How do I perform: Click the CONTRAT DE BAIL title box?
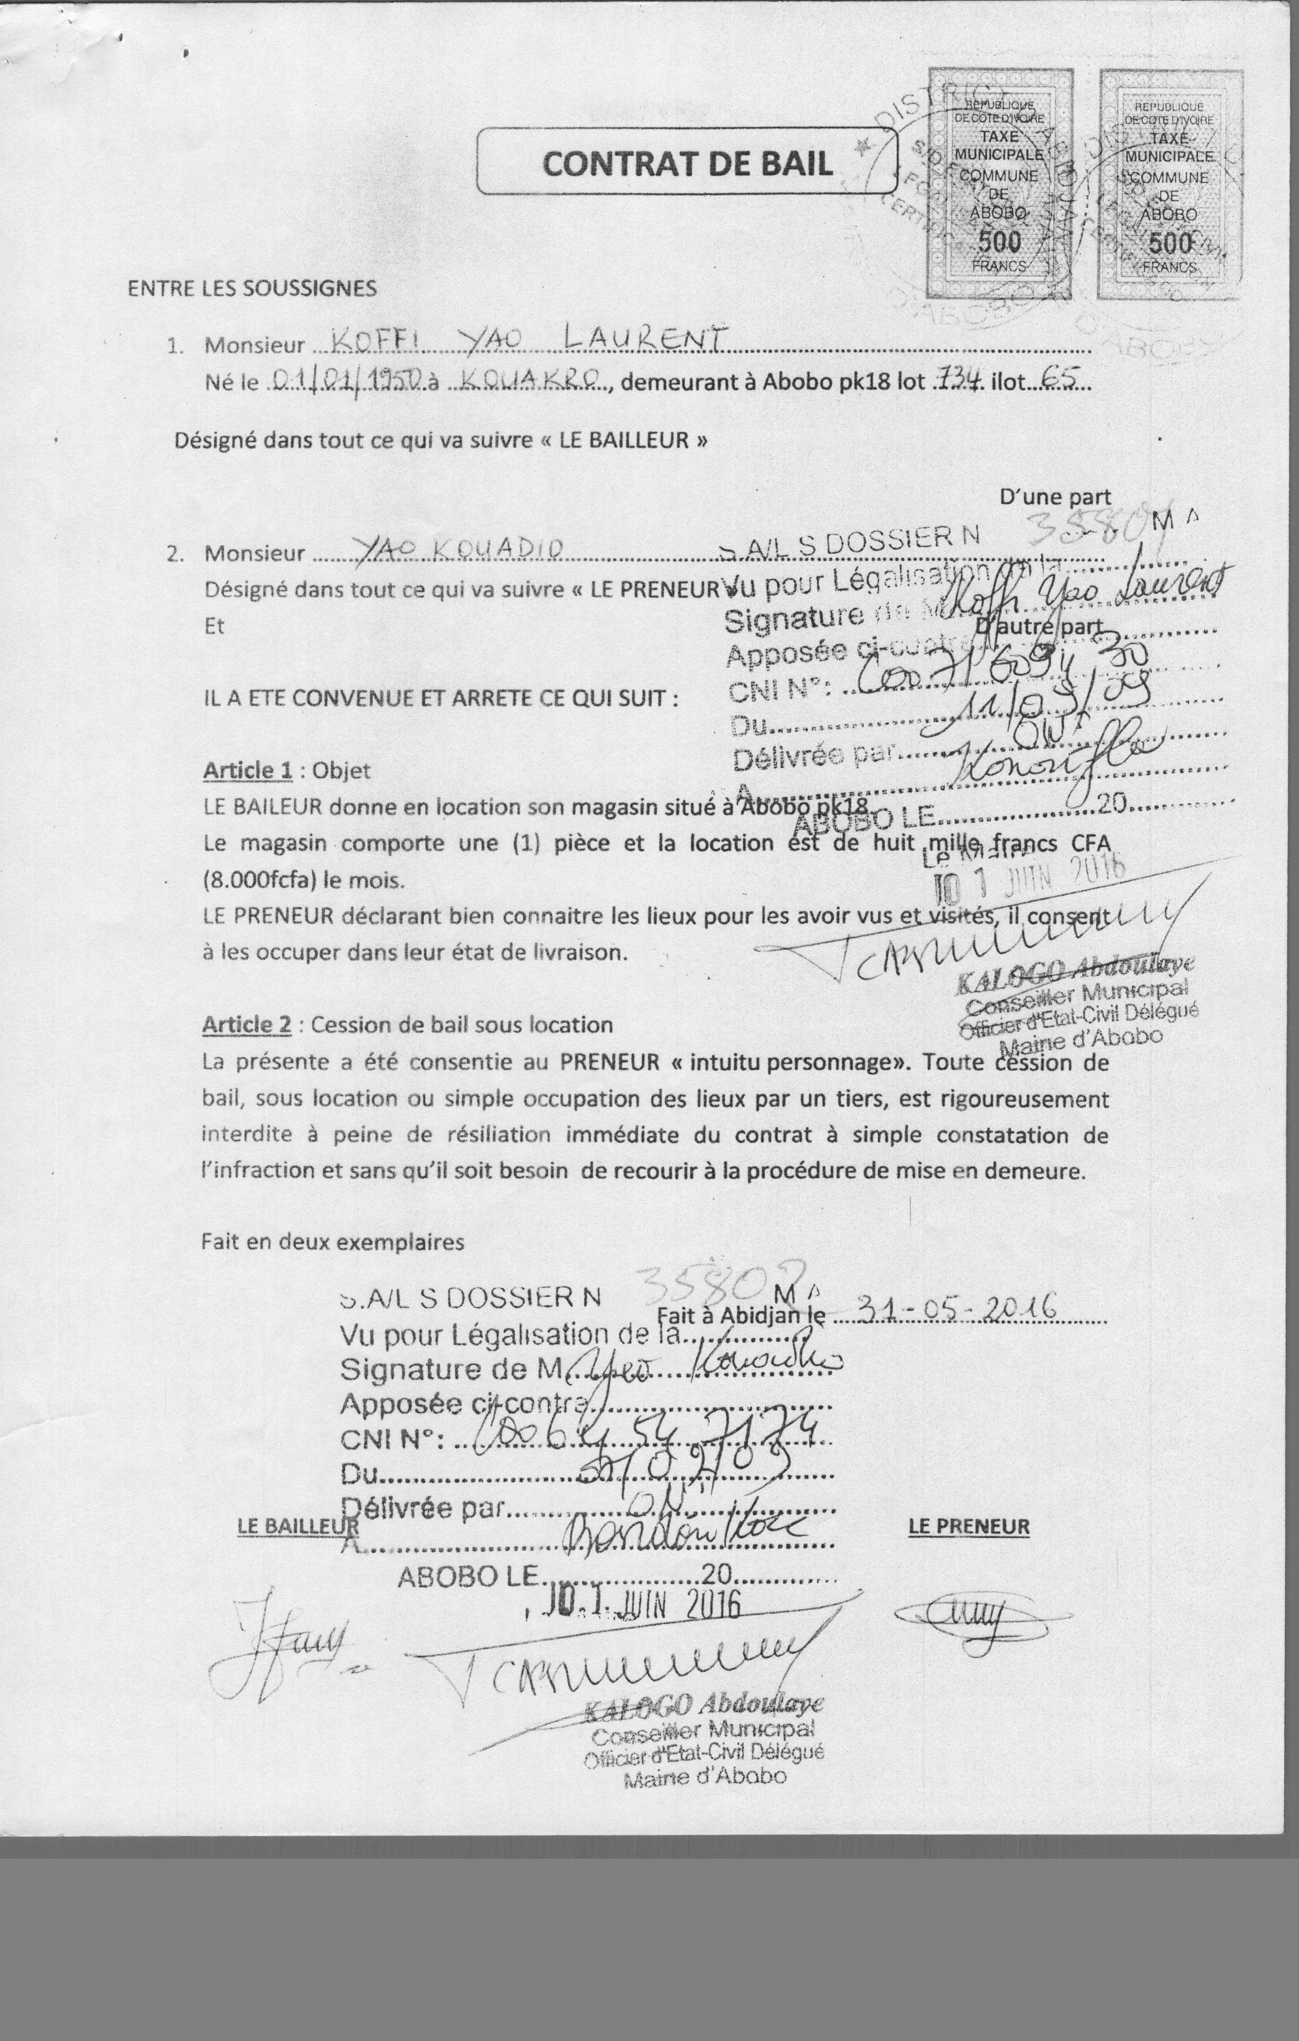(687, 162)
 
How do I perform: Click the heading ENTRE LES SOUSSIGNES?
(252, 288)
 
